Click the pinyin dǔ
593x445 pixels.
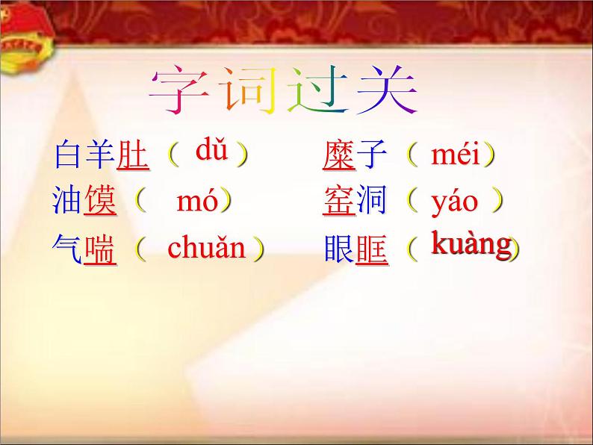coord(211,152)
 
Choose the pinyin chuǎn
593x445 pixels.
coord(207,247)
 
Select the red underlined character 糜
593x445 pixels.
coord(339,156)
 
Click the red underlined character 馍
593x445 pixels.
coord(101,202)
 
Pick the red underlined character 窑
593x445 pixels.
coord(339,202)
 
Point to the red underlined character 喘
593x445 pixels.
coord(101,249)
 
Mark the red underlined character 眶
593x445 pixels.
coord(372,249)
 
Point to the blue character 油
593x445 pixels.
coord(68,202)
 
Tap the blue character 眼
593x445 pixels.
coord(339,249)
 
